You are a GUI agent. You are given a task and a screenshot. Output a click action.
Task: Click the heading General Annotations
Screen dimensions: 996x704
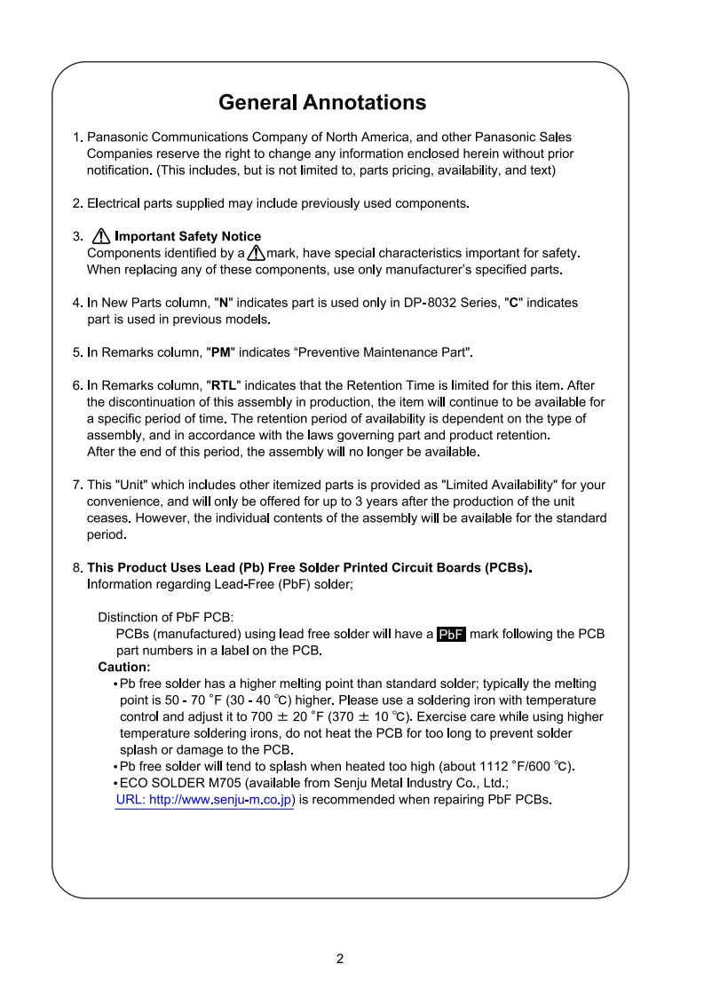pos(322,103)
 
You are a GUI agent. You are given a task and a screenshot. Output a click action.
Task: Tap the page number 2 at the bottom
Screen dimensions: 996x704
pos(340,959)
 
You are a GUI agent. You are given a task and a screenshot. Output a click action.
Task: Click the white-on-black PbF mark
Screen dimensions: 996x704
pos(452,635)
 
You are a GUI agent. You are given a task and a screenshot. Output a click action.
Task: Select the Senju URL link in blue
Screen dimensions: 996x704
pos(205,800)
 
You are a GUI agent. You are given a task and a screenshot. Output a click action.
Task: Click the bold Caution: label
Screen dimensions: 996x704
pos(123,667)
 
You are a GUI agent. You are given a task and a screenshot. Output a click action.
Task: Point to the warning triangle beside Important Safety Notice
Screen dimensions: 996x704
pos(100,236)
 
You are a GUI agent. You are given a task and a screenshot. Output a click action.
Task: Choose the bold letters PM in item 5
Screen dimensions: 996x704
pos(218,352)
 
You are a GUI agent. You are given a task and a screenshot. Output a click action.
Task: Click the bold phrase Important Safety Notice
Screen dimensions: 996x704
pos(188,236)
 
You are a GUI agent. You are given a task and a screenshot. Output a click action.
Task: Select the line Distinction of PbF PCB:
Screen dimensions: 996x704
pos(165,617)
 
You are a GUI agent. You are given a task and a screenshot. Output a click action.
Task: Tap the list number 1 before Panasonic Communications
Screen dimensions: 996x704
pos(76,138)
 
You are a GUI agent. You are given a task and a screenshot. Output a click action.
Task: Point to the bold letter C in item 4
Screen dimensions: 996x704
pos(513,303)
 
